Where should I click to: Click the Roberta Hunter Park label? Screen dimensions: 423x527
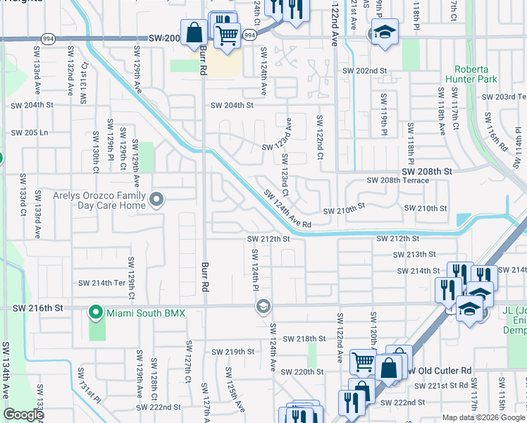[x=476, y=75]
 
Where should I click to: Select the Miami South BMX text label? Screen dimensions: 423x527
[x=145, y=312]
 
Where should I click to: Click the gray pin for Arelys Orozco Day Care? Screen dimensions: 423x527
[x=155, y=201]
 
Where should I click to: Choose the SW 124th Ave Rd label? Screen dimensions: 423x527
[x=287, y=209]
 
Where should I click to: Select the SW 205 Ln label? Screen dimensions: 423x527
[x=30, y=133]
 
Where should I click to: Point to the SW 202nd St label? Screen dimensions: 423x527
[x=365, y=71]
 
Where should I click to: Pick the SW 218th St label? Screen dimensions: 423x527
[x=303, y=338]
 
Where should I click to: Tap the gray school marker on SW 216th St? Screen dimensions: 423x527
[x=263, y=306]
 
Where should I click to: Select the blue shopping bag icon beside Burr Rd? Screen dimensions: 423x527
[x=194, y=32]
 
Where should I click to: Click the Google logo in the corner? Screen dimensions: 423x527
[x=23, y=415]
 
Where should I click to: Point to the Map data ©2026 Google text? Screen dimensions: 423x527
[x=483, y=417]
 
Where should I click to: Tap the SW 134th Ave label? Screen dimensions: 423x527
[x=6, y=367]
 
